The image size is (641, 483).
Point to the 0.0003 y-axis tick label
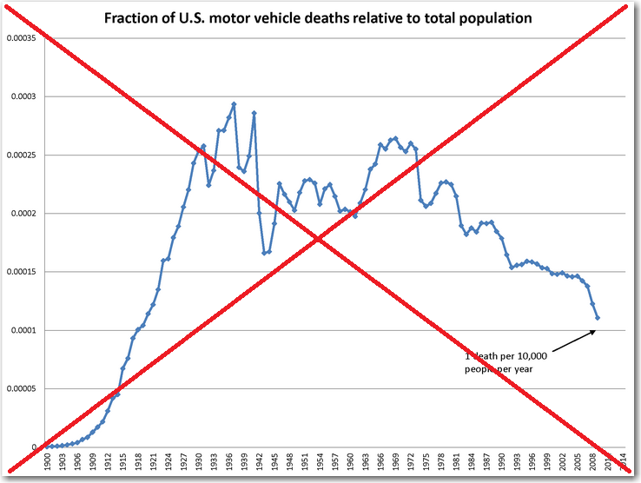click(21, 96)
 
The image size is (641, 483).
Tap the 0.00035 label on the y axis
click(21, 38)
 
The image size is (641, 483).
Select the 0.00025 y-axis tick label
click(21, 155)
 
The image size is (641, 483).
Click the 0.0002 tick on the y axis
click(21, 214)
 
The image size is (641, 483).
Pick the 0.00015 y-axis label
click(21, 273)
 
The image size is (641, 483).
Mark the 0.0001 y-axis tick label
click(21, 331)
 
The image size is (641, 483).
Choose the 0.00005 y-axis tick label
click(21, 389)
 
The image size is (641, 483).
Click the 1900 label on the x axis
click(48, 461)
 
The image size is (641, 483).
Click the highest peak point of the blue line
click(234, 104)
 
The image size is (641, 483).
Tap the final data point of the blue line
click(598, 318)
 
